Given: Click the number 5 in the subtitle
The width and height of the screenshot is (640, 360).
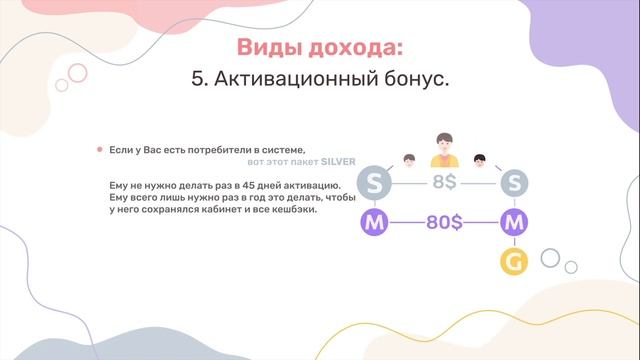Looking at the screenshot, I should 196,80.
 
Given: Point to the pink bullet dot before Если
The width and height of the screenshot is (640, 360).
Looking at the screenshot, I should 99,149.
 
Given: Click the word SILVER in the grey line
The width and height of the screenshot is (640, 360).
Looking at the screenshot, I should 338,161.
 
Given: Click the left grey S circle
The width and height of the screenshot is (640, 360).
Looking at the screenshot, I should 374,184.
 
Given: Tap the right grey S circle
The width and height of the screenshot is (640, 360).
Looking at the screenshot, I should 514,184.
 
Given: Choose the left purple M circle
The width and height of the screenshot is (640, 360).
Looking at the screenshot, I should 374,223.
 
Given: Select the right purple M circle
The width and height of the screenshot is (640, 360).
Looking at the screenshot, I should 514,223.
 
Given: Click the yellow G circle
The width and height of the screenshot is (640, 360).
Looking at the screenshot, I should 514,262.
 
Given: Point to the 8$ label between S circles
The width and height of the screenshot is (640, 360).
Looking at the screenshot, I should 444,184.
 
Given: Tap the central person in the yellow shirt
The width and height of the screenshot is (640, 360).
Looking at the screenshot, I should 443,151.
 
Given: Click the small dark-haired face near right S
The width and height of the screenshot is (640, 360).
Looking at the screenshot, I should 480,159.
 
